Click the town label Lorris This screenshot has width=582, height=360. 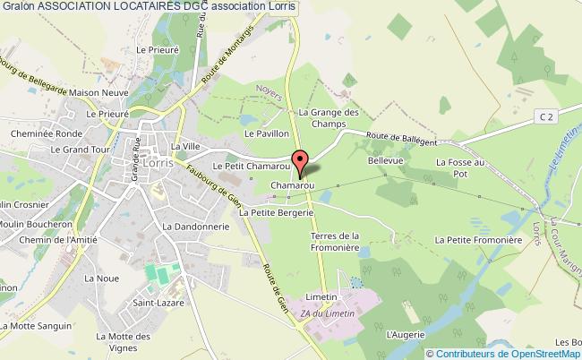click(x=158, y=163)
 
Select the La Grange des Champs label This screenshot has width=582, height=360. click(x=329, y=119)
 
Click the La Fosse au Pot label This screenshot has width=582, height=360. click(x=459, y=168)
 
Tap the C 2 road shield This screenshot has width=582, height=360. click(x=547, y=117)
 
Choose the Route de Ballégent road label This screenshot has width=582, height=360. click(x=400, y=138)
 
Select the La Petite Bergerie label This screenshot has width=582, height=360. click(x=282, y=213)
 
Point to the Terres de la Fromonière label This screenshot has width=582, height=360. click(x=335, y=242)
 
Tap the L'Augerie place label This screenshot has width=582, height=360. click(x=404, y=334)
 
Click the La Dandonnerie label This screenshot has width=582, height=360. click(x=196, y=227)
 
